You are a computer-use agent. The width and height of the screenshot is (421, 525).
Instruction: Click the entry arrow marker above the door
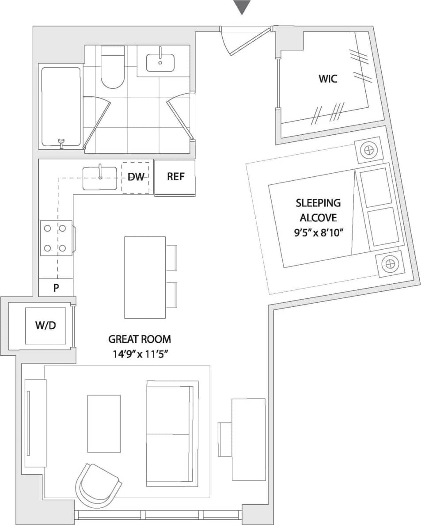coord(242,7)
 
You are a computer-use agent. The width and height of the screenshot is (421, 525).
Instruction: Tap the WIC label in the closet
coord(328,79)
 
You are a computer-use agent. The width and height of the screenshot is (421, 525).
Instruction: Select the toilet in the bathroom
coord(113,68)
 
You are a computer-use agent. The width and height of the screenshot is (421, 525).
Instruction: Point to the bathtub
coord(61,106)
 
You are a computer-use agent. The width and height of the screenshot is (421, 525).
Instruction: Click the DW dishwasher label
coord(136,177)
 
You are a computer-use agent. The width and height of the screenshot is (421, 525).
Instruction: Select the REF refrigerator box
coord(175,177)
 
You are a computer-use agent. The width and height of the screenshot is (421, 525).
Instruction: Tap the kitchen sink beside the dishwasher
coord(100,178)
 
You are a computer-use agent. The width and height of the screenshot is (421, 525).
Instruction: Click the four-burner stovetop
coord(56,238)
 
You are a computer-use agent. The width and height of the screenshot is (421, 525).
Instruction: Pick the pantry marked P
coord(56,288)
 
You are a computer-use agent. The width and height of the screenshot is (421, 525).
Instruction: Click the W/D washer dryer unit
coord(46,326)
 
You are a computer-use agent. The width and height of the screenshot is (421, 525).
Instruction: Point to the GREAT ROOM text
coord(140,339)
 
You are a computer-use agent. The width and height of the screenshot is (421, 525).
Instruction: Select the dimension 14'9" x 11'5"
coord(140,354)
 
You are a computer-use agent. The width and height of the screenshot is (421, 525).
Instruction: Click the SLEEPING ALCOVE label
coord(318,210)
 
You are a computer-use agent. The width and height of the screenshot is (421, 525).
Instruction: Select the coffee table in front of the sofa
coord(104,423)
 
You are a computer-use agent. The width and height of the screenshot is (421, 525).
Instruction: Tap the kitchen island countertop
coord(145,277)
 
